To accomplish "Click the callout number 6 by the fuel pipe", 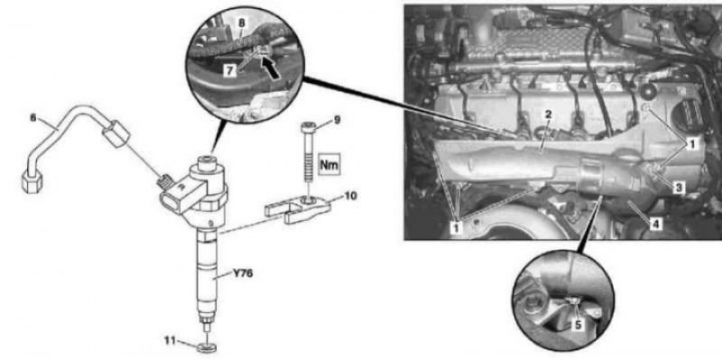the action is click(x=32, y=117).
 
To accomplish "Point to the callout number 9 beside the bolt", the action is click(x=337, y=120).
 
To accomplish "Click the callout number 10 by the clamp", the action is click(x=351, y=197).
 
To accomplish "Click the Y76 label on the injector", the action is click(x=244, y=274).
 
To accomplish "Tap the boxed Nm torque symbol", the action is click(x=329, y=164).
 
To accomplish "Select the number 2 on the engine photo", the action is click(x=548, y=115).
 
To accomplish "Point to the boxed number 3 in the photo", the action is click(x=678, y=188).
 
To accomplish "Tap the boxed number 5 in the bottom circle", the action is click(x=578, y=325).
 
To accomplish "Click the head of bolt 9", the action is click(x=307, y=126).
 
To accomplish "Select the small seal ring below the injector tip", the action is click(x=207, y=346).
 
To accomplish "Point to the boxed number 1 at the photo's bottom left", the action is click(x=458, y=227).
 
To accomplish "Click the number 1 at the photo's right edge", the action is click(x=690, y=144).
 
